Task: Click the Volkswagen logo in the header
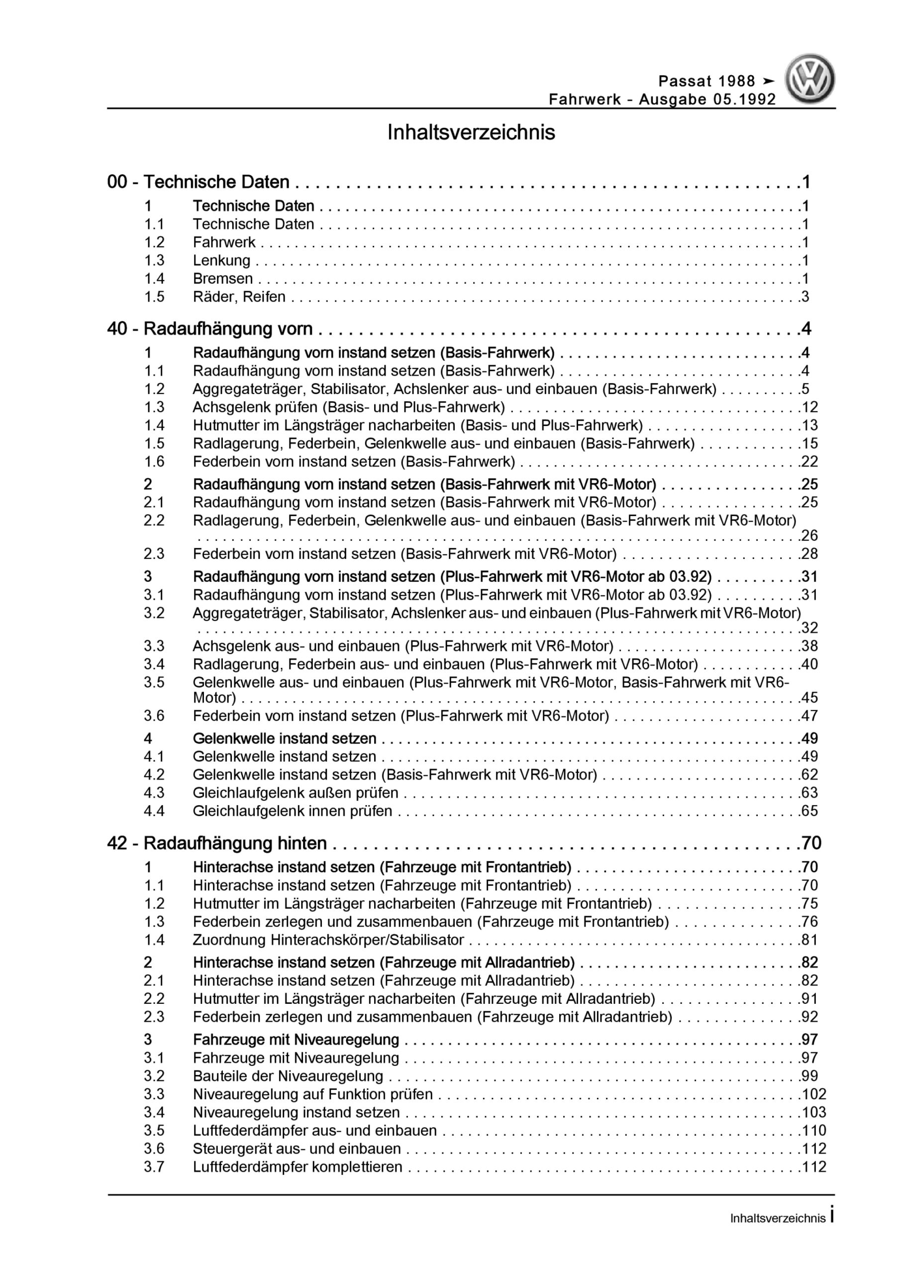click(x=809, y=79)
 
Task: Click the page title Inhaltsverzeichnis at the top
click(x=471, y=133)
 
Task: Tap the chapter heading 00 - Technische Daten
click(x=198, y=182)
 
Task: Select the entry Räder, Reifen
click(x=239, y=297)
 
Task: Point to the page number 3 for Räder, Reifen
click(x=805, y=297)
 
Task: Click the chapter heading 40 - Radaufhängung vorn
click(x=210, y=329)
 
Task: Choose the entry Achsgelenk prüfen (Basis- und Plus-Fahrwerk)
click(x=348, y=407)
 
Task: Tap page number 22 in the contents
click(x=809, y=462)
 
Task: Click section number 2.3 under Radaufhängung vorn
click(x=154, y=554)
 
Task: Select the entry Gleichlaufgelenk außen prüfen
click(x=295, y=793)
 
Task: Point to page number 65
click(x=809, y=811)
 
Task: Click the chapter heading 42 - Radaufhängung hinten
click(x=217, y=844)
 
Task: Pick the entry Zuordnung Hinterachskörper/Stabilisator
click(x=328, y=940)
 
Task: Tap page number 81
click(x=809, y=940)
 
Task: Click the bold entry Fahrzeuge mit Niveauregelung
click(x=296, y=1039)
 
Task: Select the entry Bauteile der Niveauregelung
click(x=288, y=1076)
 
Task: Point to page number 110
click(x=813, y=1130)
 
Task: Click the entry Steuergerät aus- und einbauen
click(x=297, y=1149)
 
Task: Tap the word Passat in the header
click(x=685, y=82)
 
